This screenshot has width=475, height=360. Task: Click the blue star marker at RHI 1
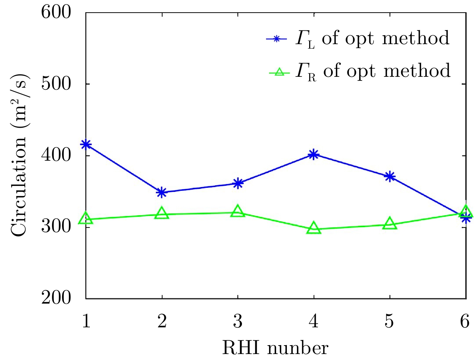pyautogui.click(x=86, y=144)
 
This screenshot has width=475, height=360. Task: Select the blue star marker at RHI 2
pyautogui.click(x=162, y=192)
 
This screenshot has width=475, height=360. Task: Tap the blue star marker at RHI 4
pyautogui.click(x=314, y=154)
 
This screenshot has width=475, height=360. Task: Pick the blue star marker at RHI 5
pyautogui.click(x=389, y=176)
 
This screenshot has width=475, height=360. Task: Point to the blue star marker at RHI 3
pyautogui.click(x=238, y=183)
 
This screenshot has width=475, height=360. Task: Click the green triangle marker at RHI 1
pyautogui.click(x=86, y=218)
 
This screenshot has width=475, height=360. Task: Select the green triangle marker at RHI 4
pyautogui.click(x=314, y=228)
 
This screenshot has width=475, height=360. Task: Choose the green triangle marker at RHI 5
pyautogui.click(x=389, y=224)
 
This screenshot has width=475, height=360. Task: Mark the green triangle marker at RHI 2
pyautogui.click(x=162, y=213)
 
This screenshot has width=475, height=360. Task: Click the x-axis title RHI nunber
pyautogui.click(x=275, y=348)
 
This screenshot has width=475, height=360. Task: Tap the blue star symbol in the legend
pyautogui.click(x=276, y=39)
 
